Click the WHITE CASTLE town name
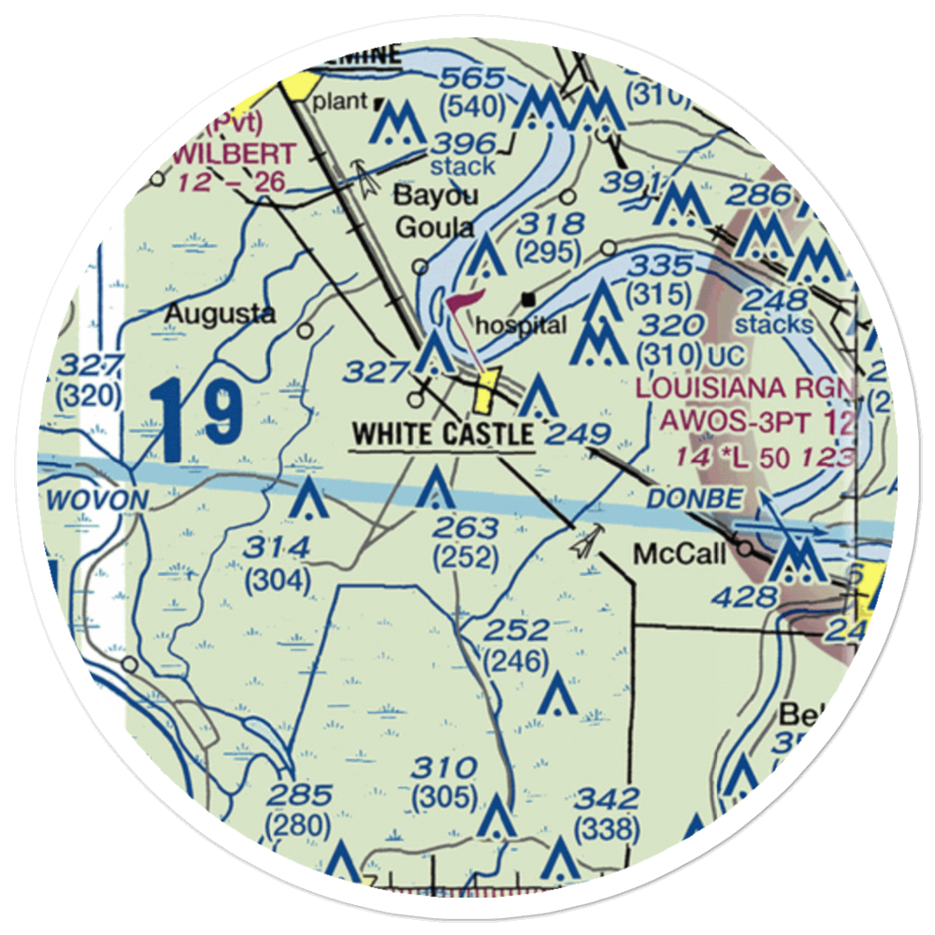tap(441, 434)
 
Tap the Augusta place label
tap(220, 314)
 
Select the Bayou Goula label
tap(436, 211)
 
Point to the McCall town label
tap(679, 554)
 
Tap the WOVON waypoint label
tap(96, 501)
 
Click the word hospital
tap(521, 326)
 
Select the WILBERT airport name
tap(235, 153)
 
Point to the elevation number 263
tap(465, 529)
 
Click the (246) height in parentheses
tap(515, 661)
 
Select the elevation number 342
tap(607, 799)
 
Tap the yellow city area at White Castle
tap(485, 391)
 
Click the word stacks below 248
tap(773, 324)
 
